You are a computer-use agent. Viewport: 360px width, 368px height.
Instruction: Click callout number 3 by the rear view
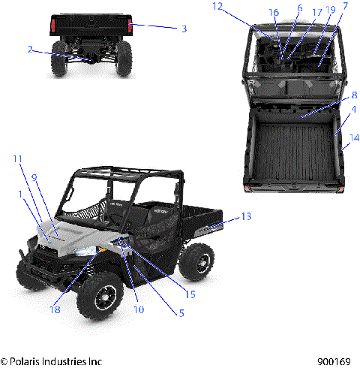click(x=183, y=29)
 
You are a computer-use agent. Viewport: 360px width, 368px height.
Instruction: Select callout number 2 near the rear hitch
click(x=30, y=50)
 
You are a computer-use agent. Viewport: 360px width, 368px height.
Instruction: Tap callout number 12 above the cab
click(x=217, y=6)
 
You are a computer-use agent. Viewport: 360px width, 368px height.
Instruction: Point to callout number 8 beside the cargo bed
click(x=354, y=95)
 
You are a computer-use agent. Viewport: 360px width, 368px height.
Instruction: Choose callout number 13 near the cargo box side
click(x=247, y=216)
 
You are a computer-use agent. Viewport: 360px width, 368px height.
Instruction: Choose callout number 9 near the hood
click(x=34, y=177)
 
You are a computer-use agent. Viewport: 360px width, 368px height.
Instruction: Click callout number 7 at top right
click(x=344, y=6)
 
